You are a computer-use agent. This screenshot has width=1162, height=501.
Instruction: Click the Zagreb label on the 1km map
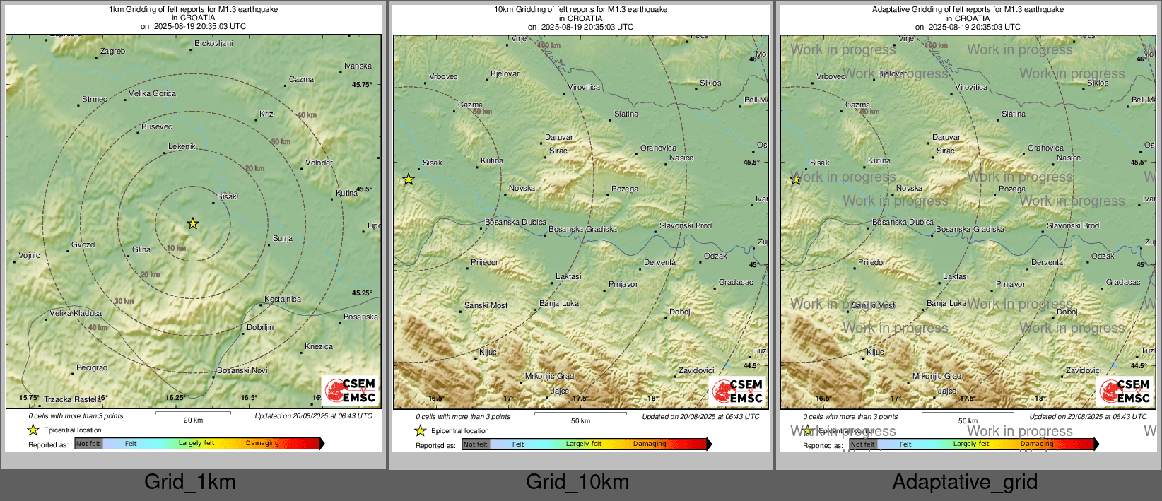click(x=113, y=51)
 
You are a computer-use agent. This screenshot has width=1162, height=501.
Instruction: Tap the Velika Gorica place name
click(x=152, y=93)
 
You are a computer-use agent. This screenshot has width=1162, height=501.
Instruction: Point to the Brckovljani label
click(x=213, y=43)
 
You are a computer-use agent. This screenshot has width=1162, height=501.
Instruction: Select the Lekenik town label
click(x=182, y=146)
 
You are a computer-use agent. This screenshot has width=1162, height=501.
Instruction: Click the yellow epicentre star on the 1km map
click(x=193, y=224)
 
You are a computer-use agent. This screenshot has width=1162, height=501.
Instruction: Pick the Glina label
click(x=141, y=249)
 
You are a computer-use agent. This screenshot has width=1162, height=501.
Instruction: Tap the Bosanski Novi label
click(x=242, y=370)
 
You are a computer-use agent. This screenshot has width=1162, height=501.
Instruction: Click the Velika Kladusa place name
click(x=76, y=313)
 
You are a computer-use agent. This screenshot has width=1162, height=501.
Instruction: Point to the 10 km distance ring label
click(x=177, y=248)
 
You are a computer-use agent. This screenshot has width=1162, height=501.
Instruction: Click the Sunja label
click(x=283, y=238)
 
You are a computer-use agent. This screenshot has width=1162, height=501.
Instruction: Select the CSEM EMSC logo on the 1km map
click(x=351, y=390)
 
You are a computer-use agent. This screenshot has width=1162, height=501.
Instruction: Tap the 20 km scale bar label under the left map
click(x=193, y=420)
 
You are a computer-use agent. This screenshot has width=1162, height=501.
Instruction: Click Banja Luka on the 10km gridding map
click(x=559, y=303)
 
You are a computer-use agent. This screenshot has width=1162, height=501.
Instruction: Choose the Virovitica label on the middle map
click(x=584, y=88)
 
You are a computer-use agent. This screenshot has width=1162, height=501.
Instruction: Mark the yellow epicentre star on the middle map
click(x=409, y=179)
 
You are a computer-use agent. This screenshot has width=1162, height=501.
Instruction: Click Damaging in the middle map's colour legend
click(x=650, y=444)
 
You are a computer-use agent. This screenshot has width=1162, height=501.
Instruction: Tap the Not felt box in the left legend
click(x=88, y=444)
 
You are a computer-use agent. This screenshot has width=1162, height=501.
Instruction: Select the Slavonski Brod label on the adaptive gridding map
click(x=1073, y=225)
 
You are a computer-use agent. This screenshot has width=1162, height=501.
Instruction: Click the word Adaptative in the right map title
click(x=892, y=10)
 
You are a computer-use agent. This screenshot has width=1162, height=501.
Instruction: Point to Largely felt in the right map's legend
click(x=971, y=444)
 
